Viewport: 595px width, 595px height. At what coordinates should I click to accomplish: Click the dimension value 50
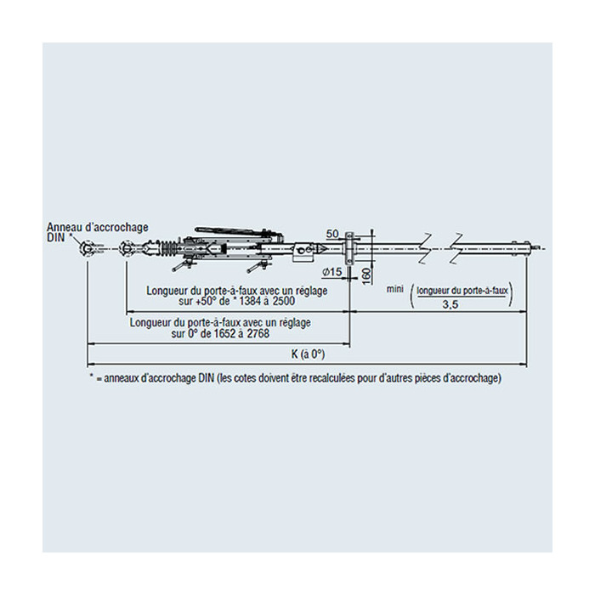pos(332,234)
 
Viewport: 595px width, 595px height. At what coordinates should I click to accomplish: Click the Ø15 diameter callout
pos(332,272)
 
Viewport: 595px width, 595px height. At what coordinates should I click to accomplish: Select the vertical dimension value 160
pos(365,276)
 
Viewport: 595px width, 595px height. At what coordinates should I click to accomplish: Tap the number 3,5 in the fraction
pos(450,304)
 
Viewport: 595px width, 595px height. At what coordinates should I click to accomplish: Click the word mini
pos(394,289)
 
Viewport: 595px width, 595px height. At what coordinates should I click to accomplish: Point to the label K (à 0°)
pos(308,354)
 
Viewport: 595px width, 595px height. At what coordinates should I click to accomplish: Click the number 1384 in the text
pos(249,302)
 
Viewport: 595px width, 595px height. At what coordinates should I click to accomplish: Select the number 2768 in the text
pos(258,334)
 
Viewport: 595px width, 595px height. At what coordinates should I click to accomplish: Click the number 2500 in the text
pos(283,302)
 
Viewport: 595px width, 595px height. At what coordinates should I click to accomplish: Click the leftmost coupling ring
pos(88,249)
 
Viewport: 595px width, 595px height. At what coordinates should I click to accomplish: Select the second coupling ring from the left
pos(127,249)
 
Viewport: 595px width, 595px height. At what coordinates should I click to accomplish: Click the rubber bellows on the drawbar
pos(168,249)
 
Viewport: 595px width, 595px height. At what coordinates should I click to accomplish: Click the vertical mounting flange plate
pos(348,248)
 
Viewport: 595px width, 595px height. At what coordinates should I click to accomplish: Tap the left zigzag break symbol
pos(427,248)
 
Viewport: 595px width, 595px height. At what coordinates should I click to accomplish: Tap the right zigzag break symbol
pos(457,248)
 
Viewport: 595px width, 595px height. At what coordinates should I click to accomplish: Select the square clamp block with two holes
pos(303,251)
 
